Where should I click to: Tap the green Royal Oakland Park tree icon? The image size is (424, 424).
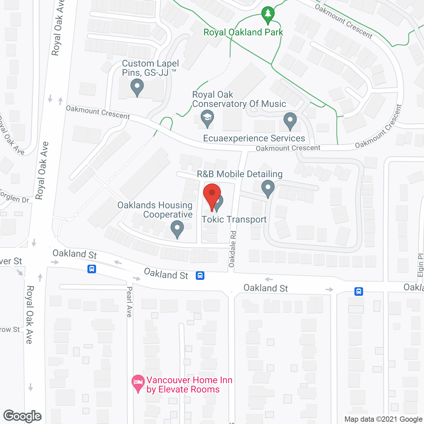tap(268, 15)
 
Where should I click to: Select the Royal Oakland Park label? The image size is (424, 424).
tap(243, 32)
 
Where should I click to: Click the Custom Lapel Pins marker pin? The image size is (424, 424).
tap(137, 87)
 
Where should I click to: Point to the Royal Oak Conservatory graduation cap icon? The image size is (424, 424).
tap(207, 118)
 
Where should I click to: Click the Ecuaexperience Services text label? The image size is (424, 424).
tap(254, 138)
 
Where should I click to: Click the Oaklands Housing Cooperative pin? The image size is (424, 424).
tap(177, 228)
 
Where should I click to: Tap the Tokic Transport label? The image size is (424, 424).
tap(234, 219)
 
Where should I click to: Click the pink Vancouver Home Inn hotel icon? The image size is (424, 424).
tap(138, 383)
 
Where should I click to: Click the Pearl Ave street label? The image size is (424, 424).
tap(129, 302)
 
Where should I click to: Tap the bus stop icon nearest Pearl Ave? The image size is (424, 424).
tap(92, 269)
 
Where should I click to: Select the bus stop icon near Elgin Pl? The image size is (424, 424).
tap(358, 291)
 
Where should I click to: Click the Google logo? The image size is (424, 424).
tap(23, 416)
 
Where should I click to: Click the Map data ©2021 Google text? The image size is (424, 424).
tap(383, 419)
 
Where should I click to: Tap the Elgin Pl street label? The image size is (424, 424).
tap(420, 265)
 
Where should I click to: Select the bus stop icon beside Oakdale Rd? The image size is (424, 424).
tap(200, 275)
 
